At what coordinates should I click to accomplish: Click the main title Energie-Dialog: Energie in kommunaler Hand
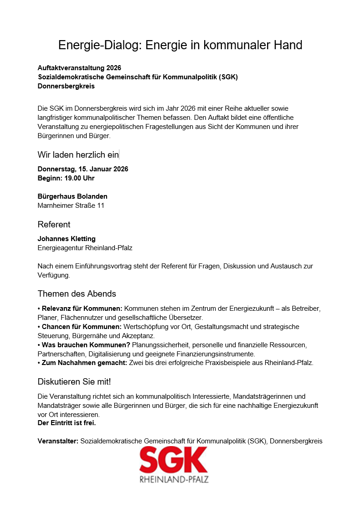(x=180, y=45)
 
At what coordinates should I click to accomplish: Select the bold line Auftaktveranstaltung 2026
(x=79, y=68)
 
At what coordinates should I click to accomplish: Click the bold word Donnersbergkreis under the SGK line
(x=66, y=86)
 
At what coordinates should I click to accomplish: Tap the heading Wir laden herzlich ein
(x=78, y=155)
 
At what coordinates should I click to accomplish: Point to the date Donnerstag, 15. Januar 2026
(x=83, y=169)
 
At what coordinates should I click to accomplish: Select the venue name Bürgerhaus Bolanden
(x=72, y=196)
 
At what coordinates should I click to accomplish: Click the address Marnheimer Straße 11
(x=71, y=206)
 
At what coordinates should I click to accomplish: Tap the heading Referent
(x=54, y=225)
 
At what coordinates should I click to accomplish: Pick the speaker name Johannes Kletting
(x=67, y=239)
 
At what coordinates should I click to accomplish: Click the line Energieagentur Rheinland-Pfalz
(x=85, y=248)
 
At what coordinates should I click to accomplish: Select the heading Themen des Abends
(x=77, y=294)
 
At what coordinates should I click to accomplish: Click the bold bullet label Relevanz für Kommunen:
(x=82, y=308)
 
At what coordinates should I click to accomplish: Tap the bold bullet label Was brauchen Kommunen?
(x=86, y=345)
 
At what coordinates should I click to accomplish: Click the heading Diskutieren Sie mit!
(x=74, y=381)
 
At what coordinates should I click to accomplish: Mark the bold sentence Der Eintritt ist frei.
(x=67, y=423)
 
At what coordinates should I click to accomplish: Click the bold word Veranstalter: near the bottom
(x=58, y=441)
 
